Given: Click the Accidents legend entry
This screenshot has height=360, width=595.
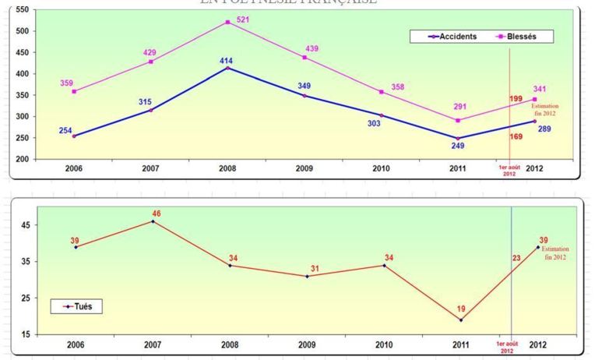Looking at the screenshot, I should [x=452, y=37].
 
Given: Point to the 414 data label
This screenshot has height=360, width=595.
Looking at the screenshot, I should [x=227, y=60].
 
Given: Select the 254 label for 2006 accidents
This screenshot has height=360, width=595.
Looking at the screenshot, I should [x=65, y=130].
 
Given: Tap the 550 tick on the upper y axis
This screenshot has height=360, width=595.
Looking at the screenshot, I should [x=22, y=10].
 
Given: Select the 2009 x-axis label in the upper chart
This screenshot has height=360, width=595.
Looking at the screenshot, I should [x=305, y=168].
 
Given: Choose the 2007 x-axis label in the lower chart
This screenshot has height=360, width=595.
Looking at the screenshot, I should [x=153, y=344].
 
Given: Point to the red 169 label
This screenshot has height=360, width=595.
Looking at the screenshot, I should [x=516, y=137].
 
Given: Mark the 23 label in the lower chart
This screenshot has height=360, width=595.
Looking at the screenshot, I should [x=515, y=259].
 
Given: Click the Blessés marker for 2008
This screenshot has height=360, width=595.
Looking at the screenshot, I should [x=227, y=22].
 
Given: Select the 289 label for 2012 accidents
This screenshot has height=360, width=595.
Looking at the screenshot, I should [x=544, y=129].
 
